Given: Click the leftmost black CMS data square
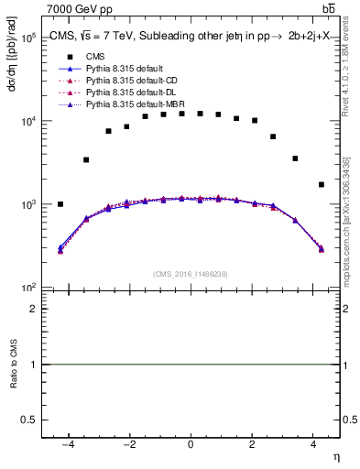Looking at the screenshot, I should tap(60, 204).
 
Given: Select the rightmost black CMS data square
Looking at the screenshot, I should tap(321, 184).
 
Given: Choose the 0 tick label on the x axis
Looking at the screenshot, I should tap(191, 446).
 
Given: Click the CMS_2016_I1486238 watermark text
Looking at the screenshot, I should tap(191, 273).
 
